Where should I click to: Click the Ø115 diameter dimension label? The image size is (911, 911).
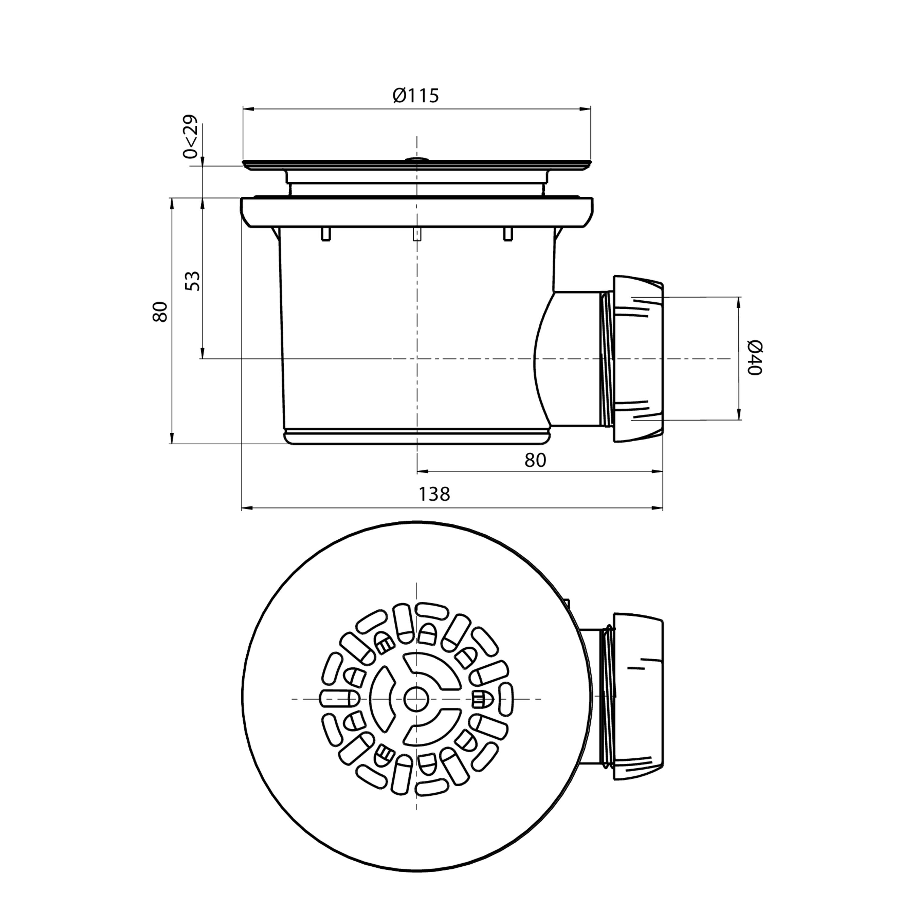416,96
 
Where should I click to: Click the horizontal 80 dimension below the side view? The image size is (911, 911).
535,460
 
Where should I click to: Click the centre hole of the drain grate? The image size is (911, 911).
416,698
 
